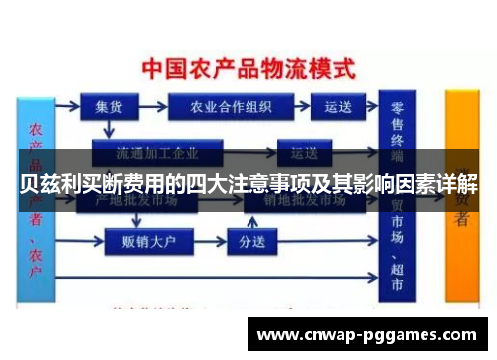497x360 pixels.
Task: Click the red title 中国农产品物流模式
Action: (x=248, y=70)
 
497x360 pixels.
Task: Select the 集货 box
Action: (x=108, y=107)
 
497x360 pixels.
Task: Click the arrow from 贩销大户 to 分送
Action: (x=206, y=241)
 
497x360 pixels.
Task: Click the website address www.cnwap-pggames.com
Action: (x=366, y=335)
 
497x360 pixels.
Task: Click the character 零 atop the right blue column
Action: (x=398, y=108)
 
